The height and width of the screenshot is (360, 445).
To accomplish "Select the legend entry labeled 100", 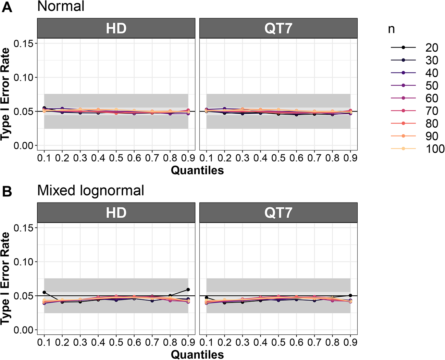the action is pyautogui.click(x=417, y=149).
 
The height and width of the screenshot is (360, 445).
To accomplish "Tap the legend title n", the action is pyautogui.click(x=391, y=29).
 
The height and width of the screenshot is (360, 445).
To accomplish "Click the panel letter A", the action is pyautogui.click(x=7, y=8).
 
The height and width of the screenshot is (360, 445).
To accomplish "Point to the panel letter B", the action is pyautogui.click(x=7, y=192).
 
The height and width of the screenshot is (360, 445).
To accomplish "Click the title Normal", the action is pyautogui.click(x=61, y=6).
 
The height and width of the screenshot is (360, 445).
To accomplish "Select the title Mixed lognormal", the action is pyautogui.click(x=91, y=191).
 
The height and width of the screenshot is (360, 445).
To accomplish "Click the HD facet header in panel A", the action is pyautogui.click(x=116, y=28).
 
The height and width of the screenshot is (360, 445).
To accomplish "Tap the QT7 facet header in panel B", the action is pyautogui.click(x=278, y=213).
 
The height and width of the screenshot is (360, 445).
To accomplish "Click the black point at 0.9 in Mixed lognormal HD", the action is pyautogui.click(x=188, y=290).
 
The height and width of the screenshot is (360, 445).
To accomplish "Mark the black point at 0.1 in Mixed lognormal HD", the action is pyautogui.click(x=44, y=292).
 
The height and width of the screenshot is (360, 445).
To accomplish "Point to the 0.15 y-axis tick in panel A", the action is pyautogui.click(x=23, y=43).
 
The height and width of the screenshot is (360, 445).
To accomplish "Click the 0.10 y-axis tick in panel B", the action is pyautogui.click(x=23, y=262).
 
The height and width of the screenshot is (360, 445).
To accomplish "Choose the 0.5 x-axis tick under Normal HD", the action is pyautogui.click(x=116, y=158).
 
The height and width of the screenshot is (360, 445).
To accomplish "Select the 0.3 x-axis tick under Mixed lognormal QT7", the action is pyautogui.click(x=242, y=342).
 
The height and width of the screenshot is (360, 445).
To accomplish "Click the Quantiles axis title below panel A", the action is pyautogui.click(x=197, y=170).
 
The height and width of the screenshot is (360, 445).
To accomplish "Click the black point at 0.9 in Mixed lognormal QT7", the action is pyautogui.click(x=350, y=296).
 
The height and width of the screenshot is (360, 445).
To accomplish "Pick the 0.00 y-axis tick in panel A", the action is pyautogui.click(x=23, y=146).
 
